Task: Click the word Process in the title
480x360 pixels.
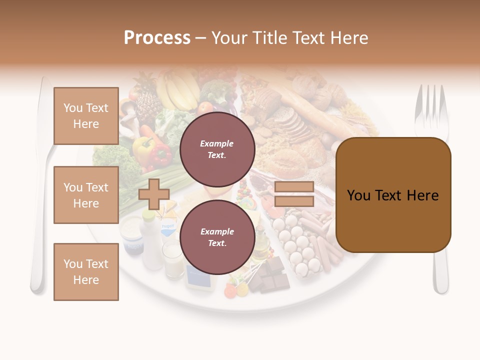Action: pos(157,38)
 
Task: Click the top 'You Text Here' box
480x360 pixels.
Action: pos(86,116)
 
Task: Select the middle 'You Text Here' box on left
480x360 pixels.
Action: pos(86,195)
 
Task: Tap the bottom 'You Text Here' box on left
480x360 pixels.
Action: pos(86,272)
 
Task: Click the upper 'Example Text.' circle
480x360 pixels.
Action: pos(217,149)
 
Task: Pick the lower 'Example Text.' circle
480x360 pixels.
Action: pos(217,237)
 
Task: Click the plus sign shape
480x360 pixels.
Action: pos(153,194)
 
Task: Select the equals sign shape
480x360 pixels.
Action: pos(294,194)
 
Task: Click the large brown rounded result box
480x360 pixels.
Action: pos(393,195)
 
